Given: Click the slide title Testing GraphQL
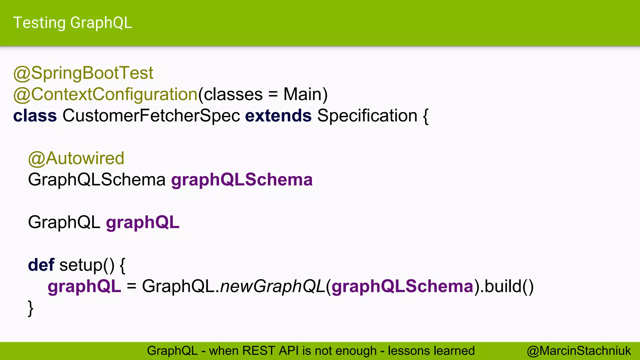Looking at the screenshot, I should click(x=72, y=23).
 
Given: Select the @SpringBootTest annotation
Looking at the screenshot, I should click(x=83, y=73).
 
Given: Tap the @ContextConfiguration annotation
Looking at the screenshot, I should click(x=105, y=94).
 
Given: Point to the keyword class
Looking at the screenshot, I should click(x=35, y=116).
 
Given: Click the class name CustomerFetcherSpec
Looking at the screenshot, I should click(x=151, y=116).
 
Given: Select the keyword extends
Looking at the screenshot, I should click(x=278, y=116).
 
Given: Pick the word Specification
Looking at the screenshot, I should click(x=367, y=116).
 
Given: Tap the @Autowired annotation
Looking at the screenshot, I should click(x=76, y=158).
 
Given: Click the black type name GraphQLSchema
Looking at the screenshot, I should click(x=97, y=180).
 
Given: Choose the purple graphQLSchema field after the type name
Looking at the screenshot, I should click(x=242, y=180).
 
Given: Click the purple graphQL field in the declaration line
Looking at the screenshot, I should click(x=143, y=222).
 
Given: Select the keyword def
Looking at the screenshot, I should click(x=41, y=265).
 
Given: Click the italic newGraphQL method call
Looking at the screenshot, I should click(x=273, y=286).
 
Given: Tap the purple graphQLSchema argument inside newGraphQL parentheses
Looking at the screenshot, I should click(x=402, y=286).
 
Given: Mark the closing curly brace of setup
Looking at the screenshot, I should click(x=31, y=308).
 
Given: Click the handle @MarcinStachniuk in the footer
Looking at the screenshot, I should click(x=579, y=351).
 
